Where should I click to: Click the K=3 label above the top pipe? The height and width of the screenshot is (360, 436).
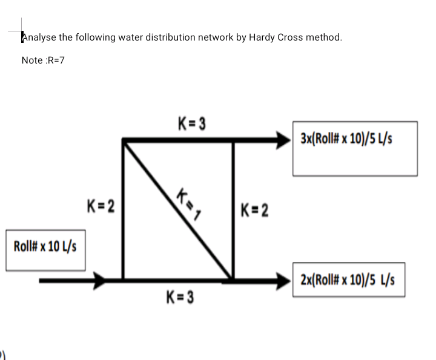192,125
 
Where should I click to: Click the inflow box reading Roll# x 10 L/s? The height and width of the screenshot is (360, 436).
45,249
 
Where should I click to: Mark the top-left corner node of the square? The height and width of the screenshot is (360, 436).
124,140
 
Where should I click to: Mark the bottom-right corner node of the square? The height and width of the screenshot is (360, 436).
233,280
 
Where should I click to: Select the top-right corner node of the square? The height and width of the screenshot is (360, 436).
233,140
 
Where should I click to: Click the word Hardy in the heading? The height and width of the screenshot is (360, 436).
262,37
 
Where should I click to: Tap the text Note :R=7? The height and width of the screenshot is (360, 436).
43,60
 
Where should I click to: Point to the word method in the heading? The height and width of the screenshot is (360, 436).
324,37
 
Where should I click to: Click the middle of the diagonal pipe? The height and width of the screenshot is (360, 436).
178,211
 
